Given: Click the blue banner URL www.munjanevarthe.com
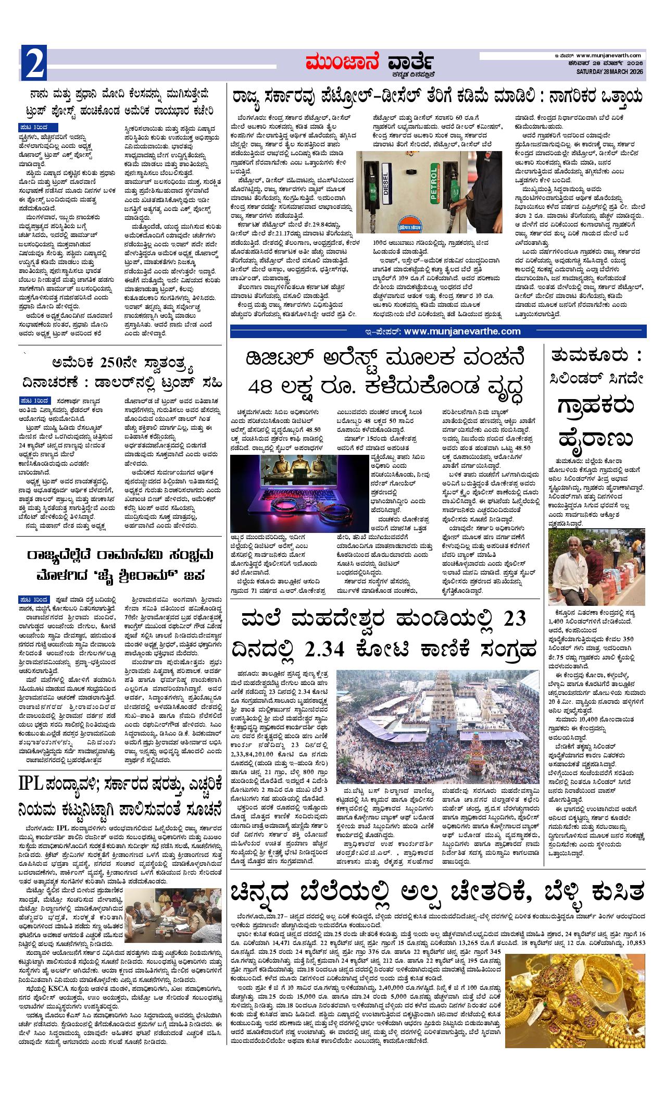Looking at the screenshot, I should [461, 331].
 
